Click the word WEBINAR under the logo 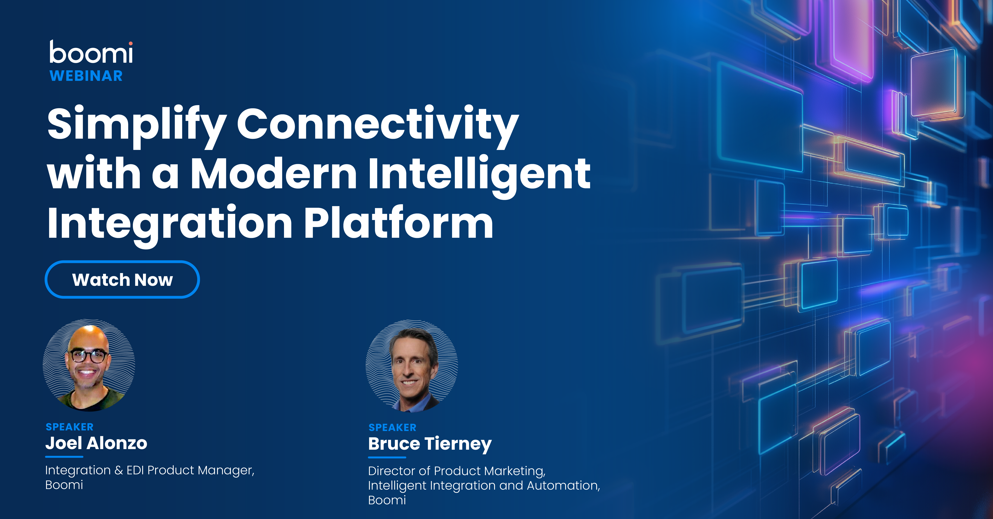click(x=86, y=76)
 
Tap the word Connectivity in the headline click(x=378, y=124)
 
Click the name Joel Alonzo click(x=96, y=443)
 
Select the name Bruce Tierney click(x=430, y=444)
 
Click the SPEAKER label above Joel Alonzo click(x=69, y=427)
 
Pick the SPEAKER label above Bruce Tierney click(x=392, y=428)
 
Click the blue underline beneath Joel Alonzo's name click(x=64, y=457)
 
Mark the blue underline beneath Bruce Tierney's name click(x=387, y=457)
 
